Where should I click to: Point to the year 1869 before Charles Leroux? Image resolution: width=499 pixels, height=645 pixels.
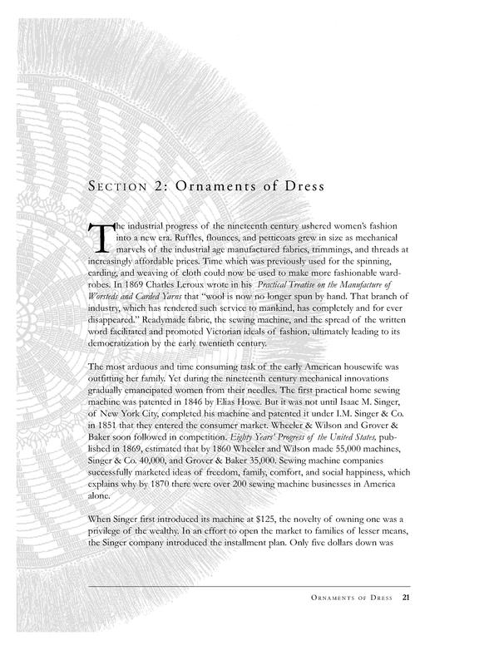click(x=125, y=293)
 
